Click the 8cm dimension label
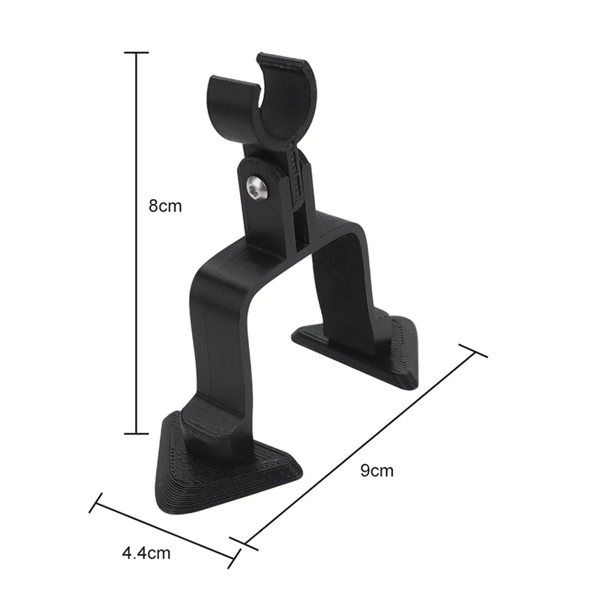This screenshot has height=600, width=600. [165, 205]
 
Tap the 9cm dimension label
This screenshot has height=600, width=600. [376, 471]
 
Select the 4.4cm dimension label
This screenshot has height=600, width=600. [145, 553]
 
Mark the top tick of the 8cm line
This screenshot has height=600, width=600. [136, 52]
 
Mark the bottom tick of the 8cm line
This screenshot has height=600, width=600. [136, 433]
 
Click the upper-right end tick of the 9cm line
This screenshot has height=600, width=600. [472, 351]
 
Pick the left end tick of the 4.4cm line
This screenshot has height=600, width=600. [95, 502]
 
